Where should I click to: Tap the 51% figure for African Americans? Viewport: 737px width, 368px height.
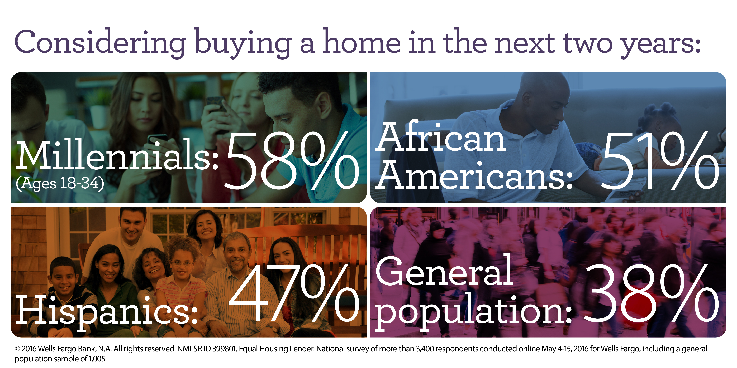(x=659, y=161)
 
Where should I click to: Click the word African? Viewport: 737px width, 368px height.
(x=441, y=136)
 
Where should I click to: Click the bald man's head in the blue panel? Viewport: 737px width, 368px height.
(x=544, y=99)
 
